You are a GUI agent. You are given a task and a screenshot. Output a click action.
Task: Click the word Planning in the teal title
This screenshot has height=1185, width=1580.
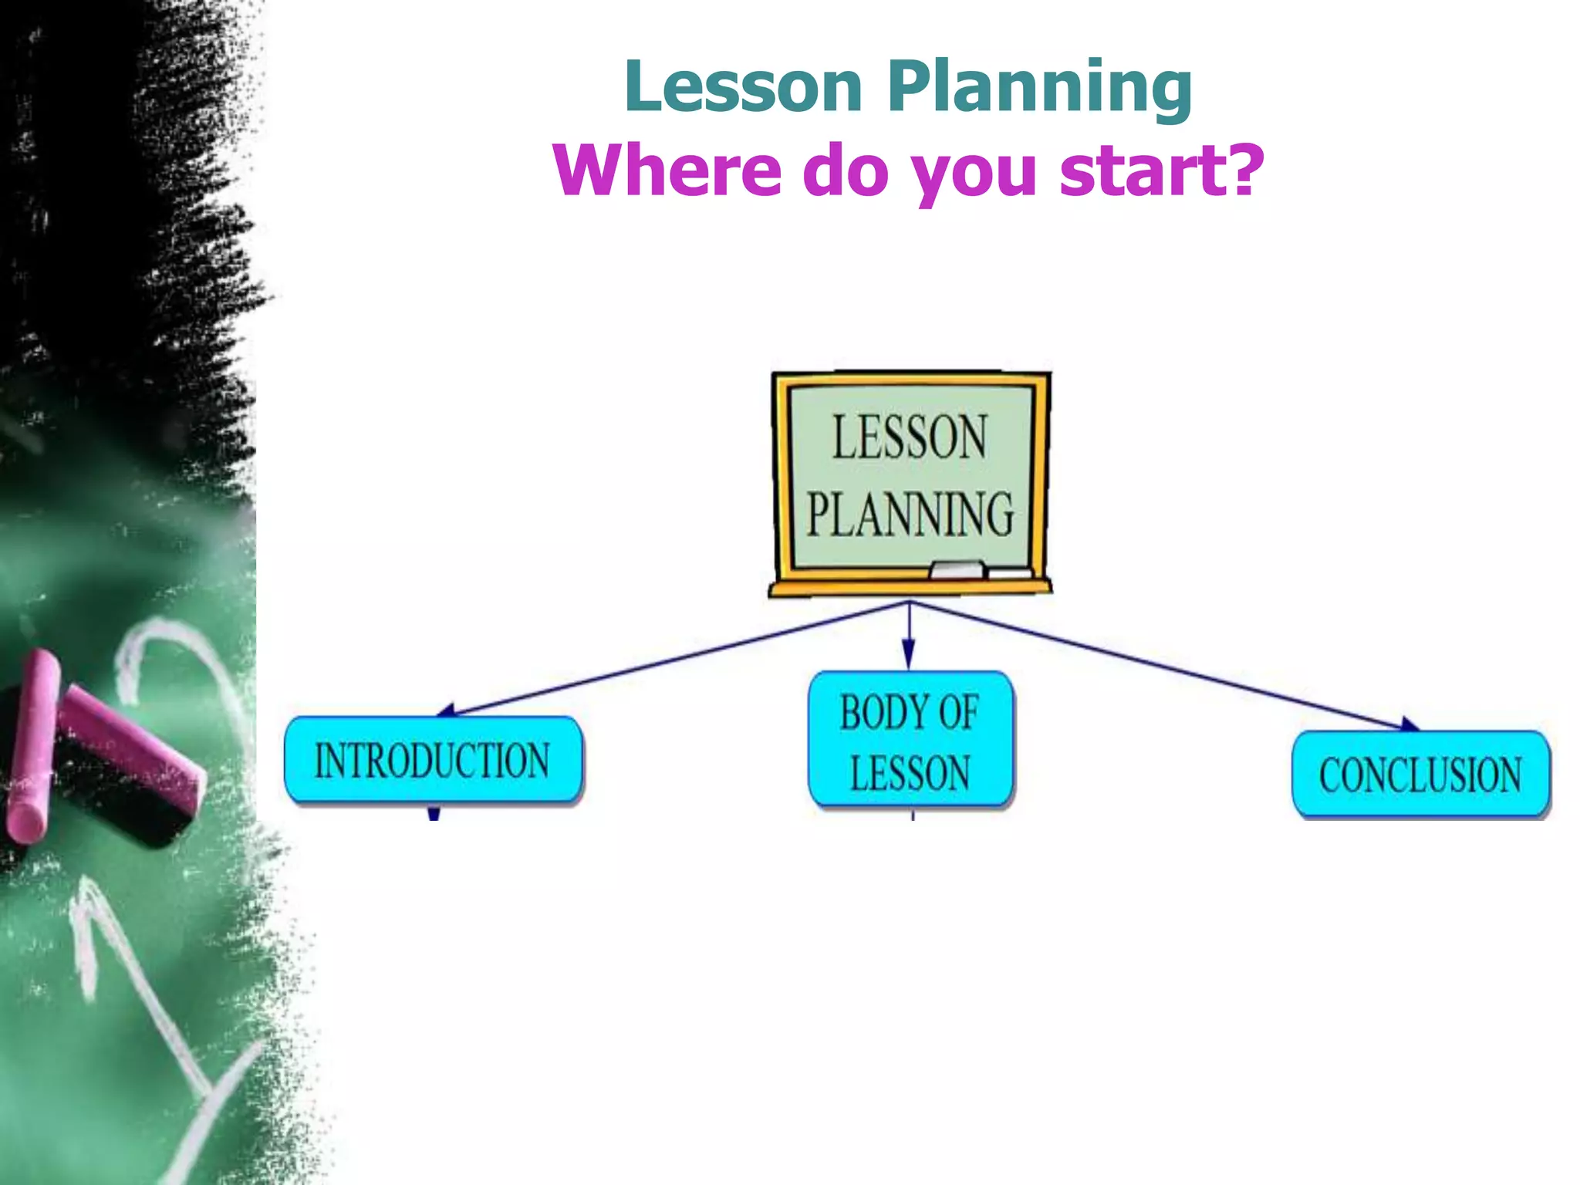click(x=1039, y=89)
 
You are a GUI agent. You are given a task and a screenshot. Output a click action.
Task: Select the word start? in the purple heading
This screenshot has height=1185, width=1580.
click(x=1161, y=170)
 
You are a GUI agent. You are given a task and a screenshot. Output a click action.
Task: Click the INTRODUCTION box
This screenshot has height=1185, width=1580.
click(x=433, y=760)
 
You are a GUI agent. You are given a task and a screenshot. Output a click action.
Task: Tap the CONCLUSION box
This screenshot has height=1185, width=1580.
click(x=1420, y=775)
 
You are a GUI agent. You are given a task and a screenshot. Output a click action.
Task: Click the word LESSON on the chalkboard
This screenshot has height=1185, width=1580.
click(x=909, y=437)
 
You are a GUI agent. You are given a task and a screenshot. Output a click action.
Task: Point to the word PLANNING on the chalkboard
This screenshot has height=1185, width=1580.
click(x=910, y=515)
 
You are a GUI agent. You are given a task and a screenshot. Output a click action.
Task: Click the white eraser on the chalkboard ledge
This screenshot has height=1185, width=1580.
click(x=957, y=570)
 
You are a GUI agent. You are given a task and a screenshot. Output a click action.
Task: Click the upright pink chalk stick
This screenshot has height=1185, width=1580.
click(x=31, y=744)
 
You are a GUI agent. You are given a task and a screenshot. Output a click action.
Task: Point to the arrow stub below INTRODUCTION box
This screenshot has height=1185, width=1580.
click(x=434, y=812)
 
